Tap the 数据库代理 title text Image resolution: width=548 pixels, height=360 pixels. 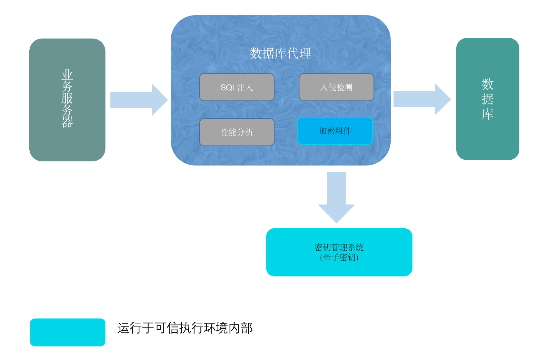280,53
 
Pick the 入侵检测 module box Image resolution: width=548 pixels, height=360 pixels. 336,87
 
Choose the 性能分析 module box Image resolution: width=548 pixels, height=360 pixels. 237,132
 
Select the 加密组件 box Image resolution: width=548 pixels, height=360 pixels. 335,131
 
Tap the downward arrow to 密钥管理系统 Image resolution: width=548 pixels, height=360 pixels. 336,197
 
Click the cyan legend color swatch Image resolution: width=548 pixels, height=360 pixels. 68,332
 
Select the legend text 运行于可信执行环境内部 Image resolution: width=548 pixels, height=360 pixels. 185,328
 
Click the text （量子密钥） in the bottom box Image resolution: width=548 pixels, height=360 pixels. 339,258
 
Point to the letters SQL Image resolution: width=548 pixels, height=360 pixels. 228,88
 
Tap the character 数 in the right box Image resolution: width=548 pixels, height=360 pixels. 488,84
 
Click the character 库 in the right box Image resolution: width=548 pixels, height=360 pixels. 488,114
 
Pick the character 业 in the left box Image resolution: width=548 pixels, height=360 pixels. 67,74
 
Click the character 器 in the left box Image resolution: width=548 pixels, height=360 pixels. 67,122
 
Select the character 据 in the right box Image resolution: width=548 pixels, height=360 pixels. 488,99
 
